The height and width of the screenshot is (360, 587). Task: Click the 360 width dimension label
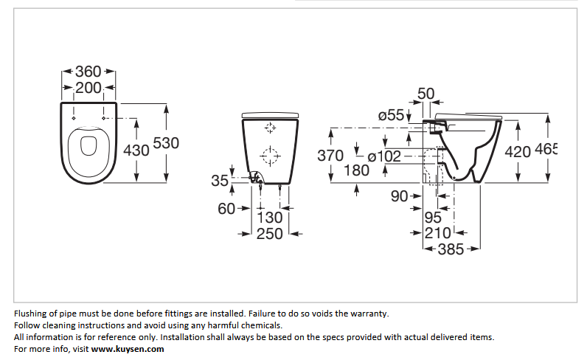[x=88, y=71]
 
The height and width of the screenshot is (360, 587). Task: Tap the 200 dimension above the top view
[x=88, y=88]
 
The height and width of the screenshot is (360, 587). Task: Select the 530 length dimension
[x=166, y=143]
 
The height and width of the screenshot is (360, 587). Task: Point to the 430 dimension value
[x=136, y=150]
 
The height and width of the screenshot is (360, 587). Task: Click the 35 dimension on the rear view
[x=219, y=181]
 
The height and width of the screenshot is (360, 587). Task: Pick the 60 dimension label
[x=226, y=209]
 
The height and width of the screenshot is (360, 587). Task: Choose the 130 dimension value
[x=270, y=218]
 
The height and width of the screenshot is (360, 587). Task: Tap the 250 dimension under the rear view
[x=270, y=234]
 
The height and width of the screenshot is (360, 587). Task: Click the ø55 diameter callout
[x=391, y=115]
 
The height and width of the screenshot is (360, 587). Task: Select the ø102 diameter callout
[x=384, y=156]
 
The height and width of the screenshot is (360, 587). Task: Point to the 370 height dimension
[x=330, y=156]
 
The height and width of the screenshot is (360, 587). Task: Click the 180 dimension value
[x=356, y=170]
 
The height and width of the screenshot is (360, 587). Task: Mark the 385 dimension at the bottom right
[x=451, y=249]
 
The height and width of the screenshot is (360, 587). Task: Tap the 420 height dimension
[x=518, y=152]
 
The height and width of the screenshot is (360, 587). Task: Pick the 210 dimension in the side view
[x=437, y=233]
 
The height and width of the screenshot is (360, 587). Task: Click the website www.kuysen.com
[x=128, y=349]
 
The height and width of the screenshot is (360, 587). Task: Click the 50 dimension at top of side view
[x=426, y=94]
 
